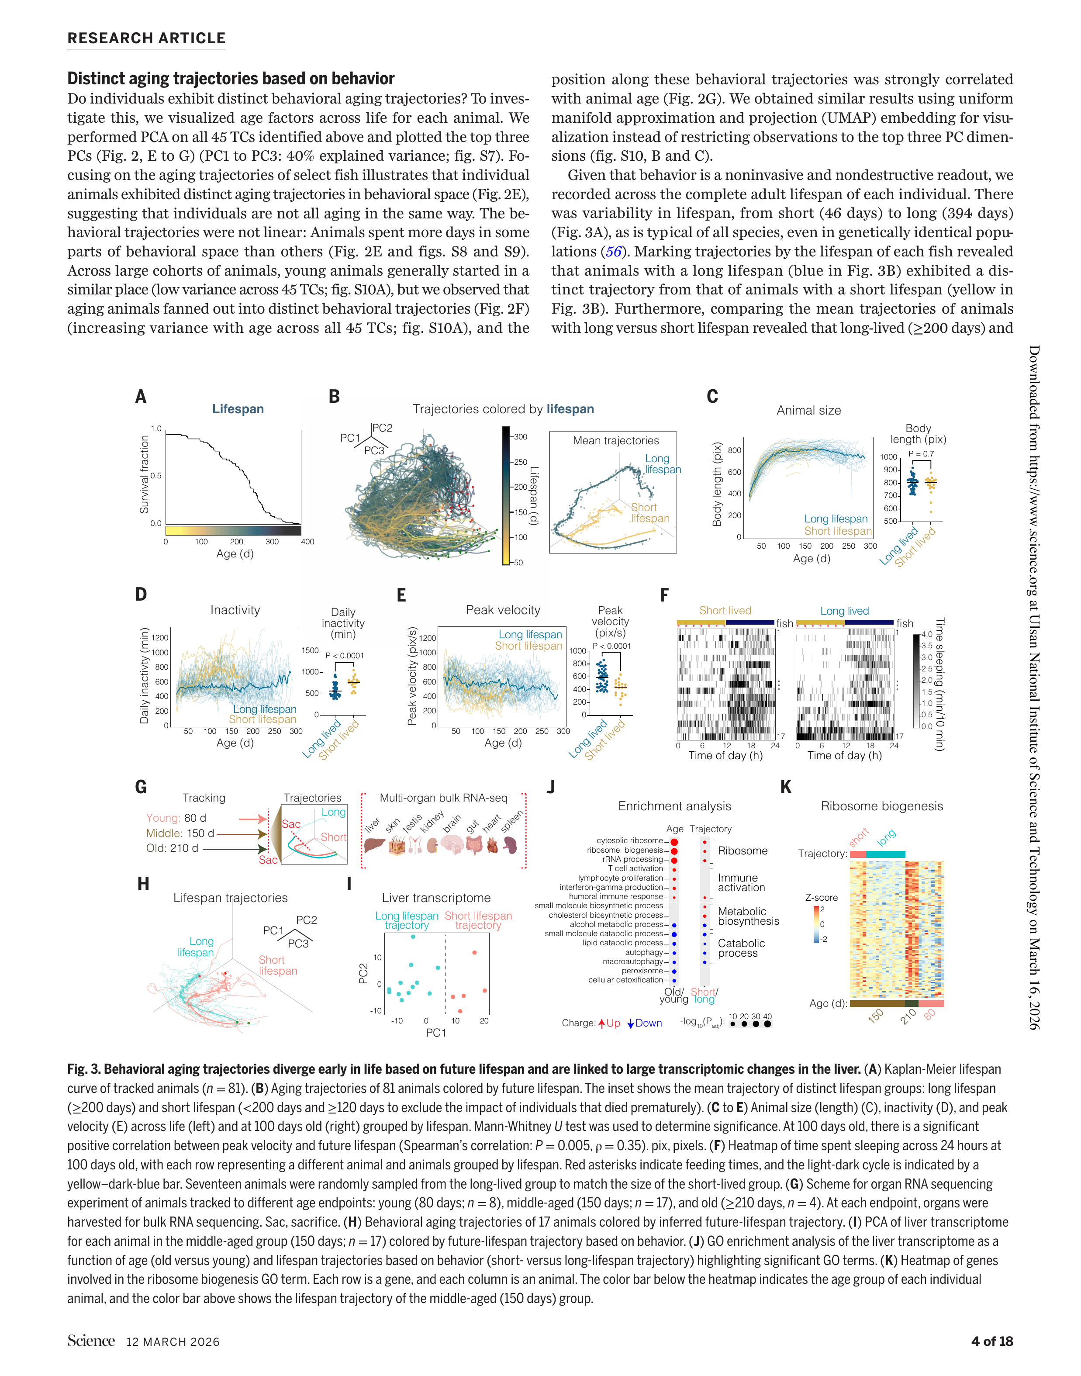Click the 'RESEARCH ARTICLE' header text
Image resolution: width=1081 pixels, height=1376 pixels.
coord(146,38)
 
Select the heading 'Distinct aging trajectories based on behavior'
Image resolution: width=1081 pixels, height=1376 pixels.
coord(231,79)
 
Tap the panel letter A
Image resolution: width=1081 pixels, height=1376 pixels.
coord(141,397)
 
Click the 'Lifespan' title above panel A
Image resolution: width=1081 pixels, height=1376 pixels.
coord(238,409)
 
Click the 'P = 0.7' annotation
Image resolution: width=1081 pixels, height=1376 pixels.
coord(921,454)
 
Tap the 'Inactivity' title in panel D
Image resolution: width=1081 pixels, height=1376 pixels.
coord(235,610)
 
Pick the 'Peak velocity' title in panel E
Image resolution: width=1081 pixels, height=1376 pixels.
coord(503,610)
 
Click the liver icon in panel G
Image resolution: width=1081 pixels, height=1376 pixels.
coord(375,846)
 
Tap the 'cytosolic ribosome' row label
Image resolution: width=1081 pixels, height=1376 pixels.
coord(629,840)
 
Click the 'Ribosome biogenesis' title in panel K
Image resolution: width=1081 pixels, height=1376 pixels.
coord(882,806)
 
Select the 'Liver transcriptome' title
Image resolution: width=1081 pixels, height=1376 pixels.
coord(436,898)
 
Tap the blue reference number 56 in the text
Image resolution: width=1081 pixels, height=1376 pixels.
coord(613,251)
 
